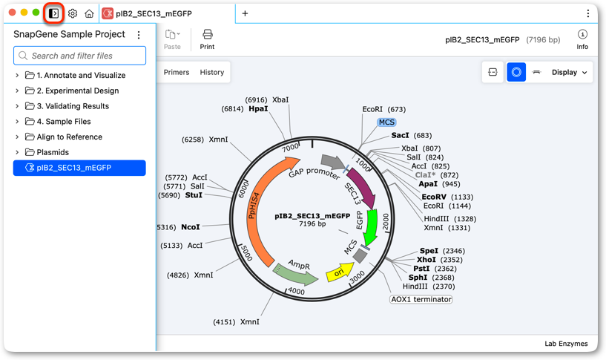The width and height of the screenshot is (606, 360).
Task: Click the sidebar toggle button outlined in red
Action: pos(53,13)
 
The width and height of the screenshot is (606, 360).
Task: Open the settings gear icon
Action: pos(73,14)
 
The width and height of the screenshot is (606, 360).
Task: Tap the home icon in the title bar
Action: pos(89,14)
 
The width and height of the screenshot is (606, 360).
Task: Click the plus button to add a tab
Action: pos(245,13)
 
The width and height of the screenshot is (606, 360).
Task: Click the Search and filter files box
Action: pos(79,56)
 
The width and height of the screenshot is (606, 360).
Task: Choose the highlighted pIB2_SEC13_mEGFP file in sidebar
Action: pos(79,168)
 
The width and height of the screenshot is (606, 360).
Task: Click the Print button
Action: pos(207,39)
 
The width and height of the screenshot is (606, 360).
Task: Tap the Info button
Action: pos(582,39)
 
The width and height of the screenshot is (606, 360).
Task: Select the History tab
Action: pos(212,72)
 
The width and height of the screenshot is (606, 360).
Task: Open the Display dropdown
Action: pos(570,72)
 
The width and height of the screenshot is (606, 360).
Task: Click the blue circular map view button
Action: pos(516,72)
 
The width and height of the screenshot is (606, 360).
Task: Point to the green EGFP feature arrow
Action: pos(371,228)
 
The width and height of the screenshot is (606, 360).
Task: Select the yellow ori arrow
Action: pos(340,272)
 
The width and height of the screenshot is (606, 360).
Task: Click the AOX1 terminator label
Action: pos(421,299)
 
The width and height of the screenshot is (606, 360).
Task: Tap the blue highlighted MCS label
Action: pos(386,122)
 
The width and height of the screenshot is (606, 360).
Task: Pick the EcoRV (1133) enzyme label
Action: pos(447,197)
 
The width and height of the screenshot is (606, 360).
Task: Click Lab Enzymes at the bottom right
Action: pos(566,344)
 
